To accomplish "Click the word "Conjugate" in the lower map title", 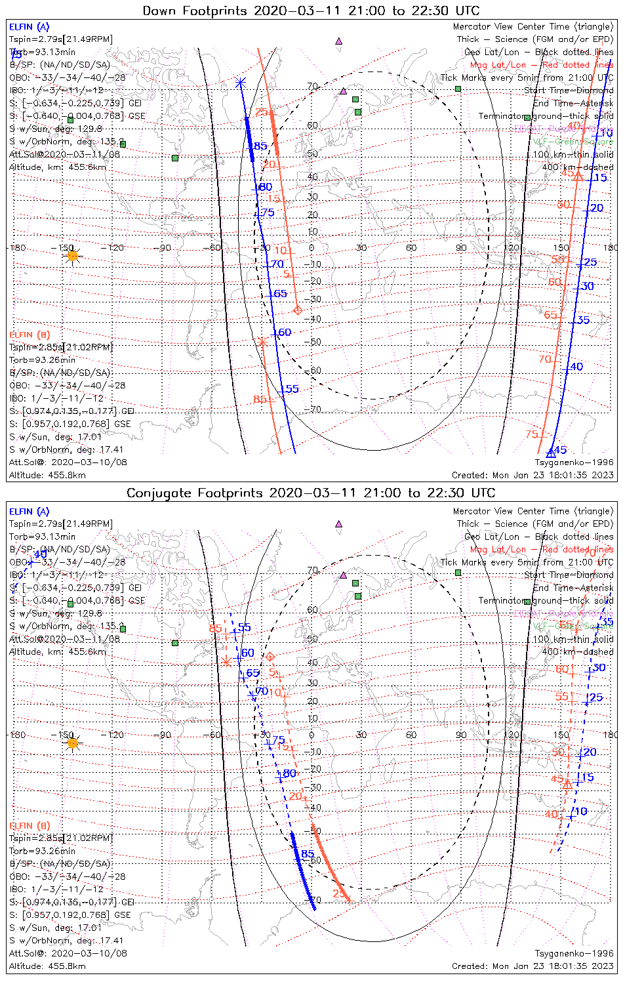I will [x=159, y=493].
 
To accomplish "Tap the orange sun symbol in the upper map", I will [x=72, y=256].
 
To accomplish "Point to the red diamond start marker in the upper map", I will [x=298, y=310].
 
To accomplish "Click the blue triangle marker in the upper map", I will [x=551, y=452].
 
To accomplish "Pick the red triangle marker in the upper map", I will [x=577, y=175].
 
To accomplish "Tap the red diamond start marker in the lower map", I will [x=269, y=657].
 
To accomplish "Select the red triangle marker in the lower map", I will [x=567, y=783].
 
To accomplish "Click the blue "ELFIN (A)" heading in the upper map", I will [x=29, y=27].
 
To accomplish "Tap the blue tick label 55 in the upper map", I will [x=292, y=389].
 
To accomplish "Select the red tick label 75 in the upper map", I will [x=532, y=434].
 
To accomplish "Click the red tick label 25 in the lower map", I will [x=338, y=893].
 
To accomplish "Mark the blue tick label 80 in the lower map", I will [x=289, y=773].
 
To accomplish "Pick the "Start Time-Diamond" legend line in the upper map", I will [x=569, y=91].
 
